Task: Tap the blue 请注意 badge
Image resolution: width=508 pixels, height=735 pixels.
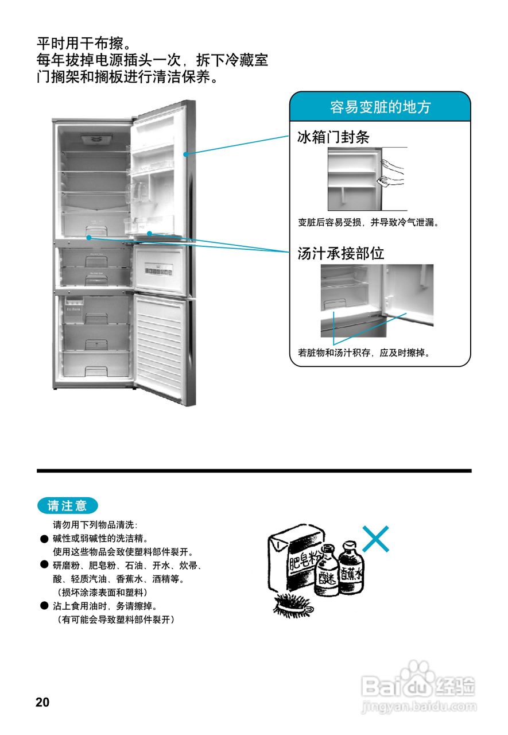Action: coord(67,506)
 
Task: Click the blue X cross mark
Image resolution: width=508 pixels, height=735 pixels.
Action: coord(375,539)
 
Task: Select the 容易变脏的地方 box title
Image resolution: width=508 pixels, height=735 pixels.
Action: coord(380,107)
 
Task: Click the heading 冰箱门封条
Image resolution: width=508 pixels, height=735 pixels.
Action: coord(333,137)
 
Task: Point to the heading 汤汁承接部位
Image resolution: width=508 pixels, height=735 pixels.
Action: coord(341,253)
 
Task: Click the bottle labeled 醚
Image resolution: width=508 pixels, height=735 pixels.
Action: coord(326,571)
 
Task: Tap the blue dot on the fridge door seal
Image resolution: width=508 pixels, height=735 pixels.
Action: coord(185,154)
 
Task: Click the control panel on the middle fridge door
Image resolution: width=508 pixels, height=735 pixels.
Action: coord(159,271)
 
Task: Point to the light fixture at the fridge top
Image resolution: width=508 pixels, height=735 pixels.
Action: coord(97,140)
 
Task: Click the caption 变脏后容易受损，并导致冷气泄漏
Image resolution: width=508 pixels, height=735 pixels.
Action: coord(369,222)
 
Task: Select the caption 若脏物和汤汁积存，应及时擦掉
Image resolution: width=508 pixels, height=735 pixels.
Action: coord(364,353)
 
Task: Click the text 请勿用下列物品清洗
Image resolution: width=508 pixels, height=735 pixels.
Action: coord(95,525)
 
